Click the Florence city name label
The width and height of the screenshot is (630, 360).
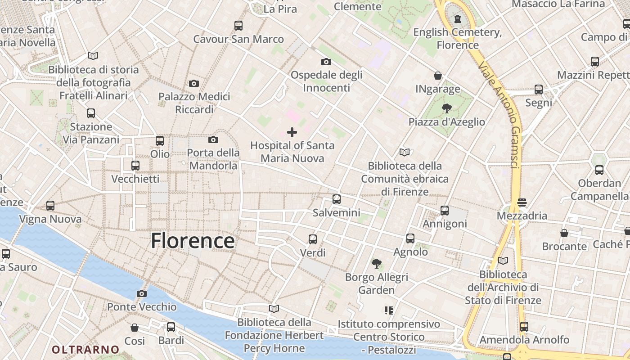(x=193, y=241)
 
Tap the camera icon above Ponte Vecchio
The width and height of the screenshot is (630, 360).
(x=142, y=294)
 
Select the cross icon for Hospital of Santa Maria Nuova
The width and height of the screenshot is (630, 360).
(x=292, y=132)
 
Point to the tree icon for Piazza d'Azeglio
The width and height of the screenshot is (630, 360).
(x=446, y=108)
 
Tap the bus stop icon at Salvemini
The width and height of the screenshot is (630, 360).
(x=337, y=199)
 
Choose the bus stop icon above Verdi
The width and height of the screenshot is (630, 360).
(x=313, y=239)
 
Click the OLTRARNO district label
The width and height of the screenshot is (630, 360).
(x=85, y=350)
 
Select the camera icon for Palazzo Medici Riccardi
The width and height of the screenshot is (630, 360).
(x=194, y=83)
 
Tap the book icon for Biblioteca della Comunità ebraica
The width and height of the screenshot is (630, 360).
(x=405, y=153)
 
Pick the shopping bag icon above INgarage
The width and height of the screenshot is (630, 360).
(x=437, y=76)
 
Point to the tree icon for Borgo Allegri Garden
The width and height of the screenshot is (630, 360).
(x=377, y=263)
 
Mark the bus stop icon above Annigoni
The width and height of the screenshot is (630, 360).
(x=445, y=210)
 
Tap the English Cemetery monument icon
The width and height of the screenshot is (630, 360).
(x=458, y=18)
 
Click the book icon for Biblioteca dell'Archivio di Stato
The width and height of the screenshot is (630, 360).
(x=503, y=261)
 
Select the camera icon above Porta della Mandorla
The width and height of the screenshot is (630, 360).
(x=213, y=139)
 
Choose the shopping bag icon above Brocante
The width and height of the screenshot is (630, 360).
(x=564, y=233)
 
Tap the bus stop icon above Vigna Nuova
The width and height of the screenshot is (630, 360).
(x=50, y=206)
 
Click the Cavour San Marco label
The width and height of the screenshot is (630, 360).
(x=238, y=39)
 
